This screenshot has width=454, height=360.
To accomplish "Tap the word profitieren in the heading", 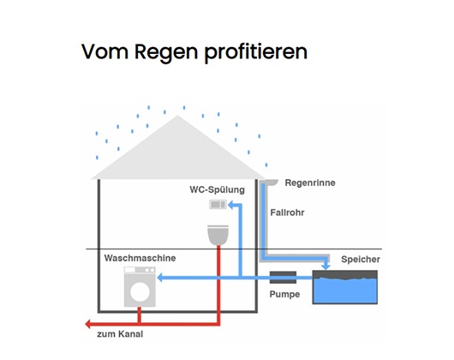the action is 256,52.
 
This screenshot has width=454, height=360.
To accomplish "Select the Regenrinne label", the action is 310,183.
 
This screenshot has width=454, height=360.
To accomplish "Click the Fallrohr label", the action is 287,213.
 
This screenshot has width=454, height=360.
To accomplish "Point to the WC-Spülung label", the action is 218,190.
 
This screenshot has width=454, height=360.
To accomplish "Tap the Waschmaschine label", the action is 140,258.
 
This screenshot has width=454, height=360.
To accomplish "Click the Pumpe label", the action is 284,295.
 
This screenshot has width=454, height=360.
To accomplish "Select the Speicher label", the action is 361,259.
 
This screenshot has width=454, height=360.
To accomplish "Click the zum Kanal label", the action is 120,334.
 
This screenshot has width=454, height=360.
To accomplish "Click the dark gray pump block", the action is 284,277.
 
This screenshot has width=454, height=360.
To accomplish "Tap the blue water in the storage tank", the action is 345,291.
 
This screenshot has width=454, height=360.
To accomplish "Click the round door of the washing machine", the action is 140,292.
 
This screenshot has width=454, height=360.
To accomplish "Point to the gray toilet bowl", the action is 218,235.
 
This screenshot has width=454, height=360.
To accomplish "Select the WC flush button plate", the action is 218,205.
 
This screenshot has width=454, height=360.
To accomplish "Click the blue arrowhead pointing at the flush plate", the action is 231,205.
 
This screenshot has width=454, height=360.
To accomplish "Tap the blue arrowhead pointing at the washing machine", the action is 160,278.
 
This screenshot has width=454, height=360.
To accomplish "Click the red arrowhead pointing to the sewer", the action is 88,324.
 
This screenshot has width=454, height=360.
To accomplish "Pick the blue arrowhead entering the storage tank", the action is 326,267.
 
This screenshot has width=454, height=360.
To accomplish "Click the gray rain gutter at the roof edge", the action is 269,183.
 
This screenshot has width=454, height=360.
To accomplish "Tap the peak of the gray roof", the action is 178,116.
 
